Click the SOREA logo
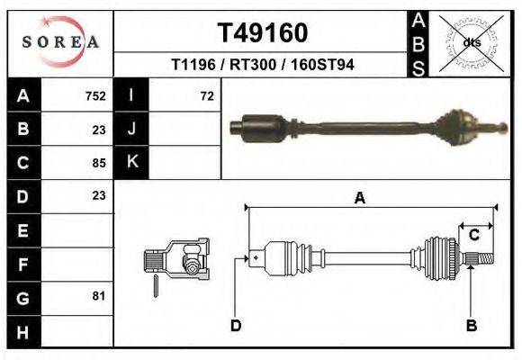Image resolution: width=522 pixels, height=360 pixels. tap(60, 42)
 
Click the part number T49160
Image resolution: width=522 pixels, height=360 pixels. tap(263, 33)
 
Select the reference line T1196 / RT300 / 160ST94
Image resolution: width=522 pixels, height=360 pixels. tap(262, 66)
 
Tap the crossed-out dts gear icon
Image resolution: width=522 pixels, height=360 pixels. tap(471, 41)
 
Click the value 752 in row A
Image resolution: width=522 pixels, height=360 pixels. tap(95, 96)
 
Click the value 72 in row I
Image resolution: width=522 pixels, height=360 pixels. tap(207, 96)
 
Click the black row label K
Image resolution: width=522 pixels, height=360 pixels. tap(131, 163)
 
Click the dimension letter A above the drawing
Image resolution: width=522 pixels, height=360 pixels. tap(360, 199)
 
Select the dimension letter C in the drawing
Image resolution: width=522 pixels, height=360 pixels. tap(473, 235)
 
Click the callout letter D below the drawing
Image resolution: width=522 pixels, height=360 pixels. tap(236, 325)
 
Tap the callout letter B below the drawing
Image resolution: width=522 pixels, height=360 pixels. tap(471, 325)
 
